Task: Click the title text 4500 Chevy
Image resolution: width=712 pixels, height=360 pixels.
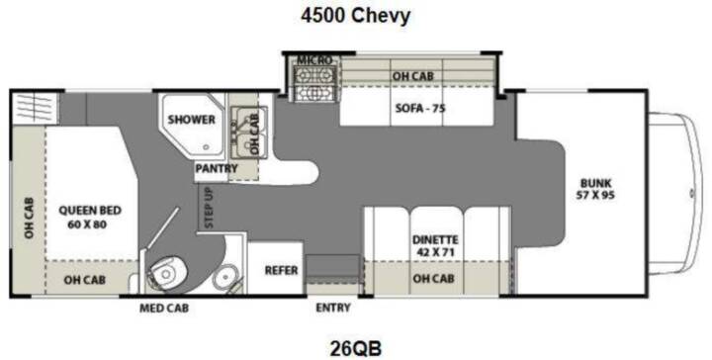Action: [x=356, y=16]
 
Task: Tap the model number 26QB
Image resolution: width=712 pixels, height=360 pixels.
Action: [x=356, y=349]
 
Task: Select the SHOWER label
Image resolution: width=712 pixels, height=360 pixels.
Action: [x=191, y=120]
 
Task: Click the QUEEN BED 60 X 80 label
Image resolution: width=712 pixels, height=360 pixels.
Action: [x=90, y=217]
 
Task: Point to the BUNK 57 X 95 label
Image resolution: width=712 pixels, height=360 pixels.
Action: [x=595, y=190]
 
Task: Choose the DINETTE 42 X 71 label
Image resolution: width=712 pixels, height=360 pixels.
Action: [x=435, y=245]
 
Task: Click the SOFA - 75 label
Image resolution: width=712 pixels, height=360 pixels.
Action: [x=420, y=109]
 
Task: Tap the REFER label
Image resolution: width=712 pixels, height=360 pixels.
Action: [x=281, y=270]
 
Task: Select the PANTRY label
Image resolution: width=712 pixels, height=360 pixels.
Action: [x=217, y=168]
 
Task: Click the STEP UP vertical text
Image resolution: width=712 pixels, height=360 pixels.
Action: [x=209, y=207]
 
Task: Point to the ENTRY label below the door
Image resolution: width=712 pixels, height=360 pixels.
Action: [x=333, y=308]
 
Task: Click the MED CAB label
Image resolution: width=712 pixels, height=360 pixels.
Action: [x=164, y=309]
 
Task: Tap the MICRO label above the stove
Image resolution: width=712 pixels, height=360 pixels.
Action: [x=314, y=60]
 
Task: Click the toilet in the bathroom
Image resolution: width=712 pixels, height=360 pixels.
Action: [x=166, y=272]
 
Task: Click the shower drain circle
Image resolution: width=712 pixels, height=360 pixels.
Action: [x=207, y=147]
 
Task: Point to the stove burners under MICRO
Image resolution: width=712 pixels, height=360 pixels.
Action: [x=315, y=83]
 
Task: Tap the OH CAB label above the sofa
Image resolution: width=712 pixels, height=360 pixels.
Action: [x=412, y=76]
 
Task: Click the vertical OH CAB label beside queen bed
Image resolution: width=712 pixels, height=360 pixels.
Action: [x=29, y=218]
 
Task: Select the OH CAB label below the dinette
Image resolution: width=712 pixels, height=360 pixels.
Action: [x=433, y=278]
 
